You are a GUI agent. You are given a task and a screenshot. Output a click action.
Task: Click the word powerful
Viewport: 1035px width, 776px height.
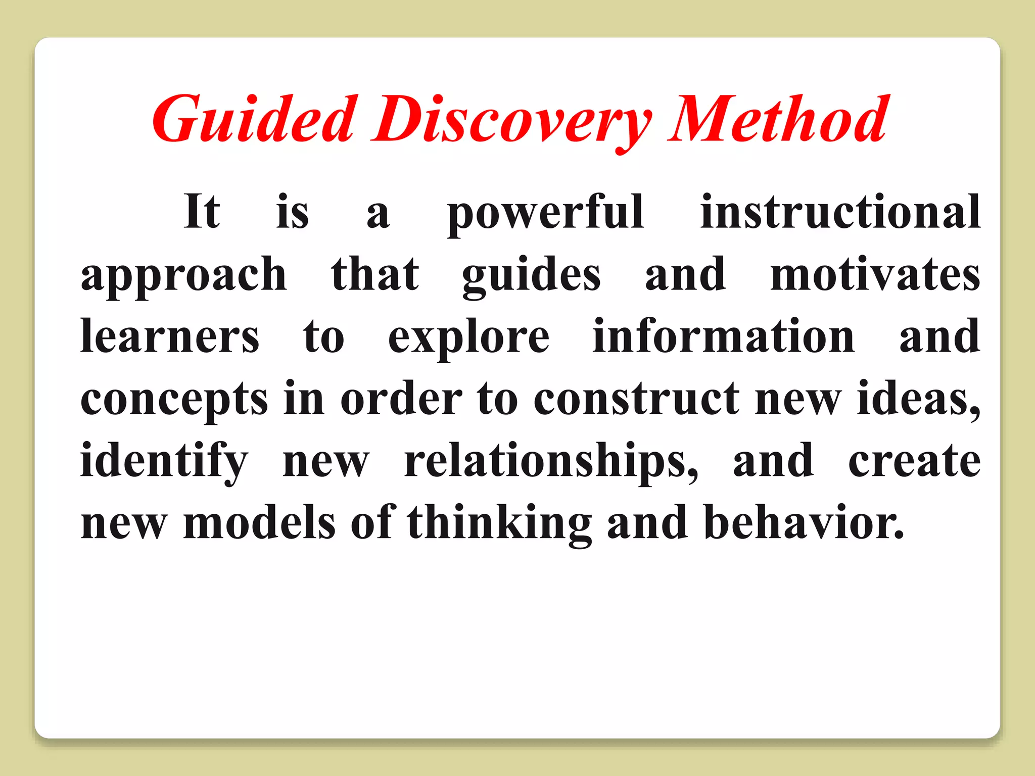(x=545, y=213)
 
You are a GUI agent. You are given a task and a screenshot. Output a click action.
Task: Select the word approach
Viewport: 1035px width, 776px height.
(x=184, y=276)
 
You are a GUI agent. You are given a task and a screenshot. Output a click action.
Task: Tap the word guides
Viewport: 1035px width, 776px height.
(x=531, y=276)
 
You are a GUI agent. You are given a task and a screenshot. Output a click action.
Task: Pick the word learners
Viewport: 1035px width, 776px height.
(x=170, y=336)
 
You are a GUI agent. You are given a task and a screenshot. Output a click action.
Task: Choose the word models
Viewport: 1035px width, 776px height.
(x=259, y=522)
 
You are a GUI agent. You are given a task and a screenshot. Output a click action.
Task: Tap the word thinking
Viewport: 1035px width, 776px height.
(x=499, y=523)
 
